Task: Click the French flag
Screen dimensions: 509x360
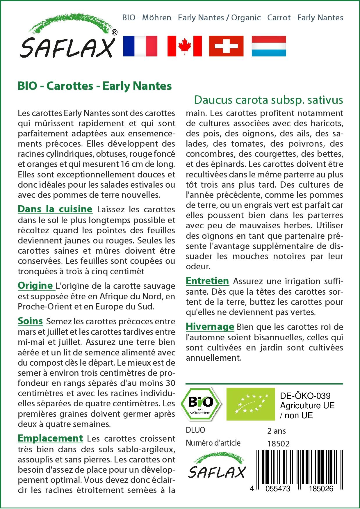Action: (140, 46)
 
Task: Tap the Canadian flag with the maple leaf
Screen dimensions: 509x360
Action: (185, 46)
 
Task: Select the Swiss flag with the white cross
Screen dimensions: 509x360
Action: (226, 46)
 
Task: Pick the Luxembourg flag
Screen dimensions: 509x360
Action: (269, 46)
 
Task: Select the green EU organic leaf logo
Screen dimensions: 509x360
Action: (251, 404)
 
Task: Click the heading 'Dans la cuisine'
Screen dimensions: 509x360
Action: (55, 209)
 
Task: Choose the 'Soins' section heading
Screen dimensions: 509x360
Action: (30, 321)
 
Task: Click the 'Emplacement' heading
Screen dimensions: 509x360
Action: (50, 438)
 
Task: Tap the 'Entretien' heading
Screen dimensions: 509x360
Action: (207, 281)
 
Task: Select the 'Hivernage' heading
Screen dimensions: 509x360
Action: (210, 327)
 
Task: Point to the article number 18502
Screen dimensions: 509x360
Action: (278, 444)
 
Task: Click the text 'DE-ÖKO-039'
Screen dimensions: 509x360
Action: (305, 396)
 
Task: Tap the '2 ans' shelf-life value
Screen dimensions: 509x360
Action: (277, 431)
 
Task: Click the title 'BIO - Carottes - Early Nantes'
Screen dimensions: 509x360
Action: (95, 86)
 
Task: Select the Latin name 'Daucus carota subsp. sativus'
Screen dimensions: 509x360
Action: (268, 100)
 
